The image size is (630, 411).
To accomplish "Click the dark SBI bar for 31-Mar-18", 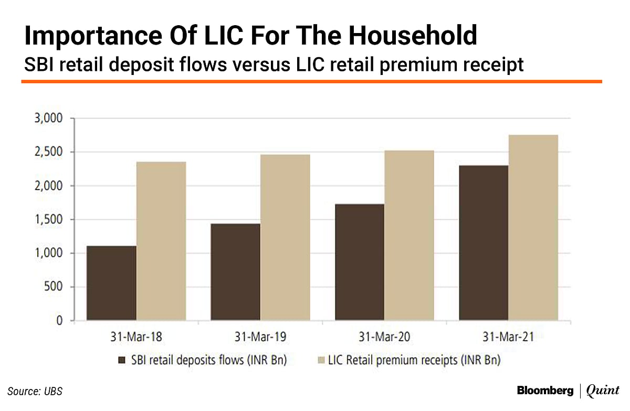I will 111,283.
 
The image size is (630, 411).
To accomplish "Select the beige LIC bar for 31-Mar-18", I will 161,241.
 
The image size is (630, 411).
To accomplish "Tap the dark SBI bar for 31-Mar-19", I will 235,272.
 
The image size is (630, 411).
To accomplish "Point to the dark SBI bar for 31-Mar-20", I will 360,262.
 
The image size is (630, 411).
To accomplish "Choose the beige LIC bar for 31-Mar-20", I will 409,235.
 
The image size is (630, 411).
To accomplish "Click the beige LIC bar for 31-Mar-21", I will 533,228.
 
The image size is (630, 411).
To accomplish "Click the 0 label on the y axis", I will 59,321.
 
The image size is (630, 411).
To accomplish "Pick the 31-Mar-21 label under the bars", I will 508,338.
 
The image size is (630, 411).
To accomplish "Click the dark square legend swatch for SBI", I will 122,360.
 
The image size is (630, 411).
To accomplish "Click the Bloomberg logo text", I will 545,391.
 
